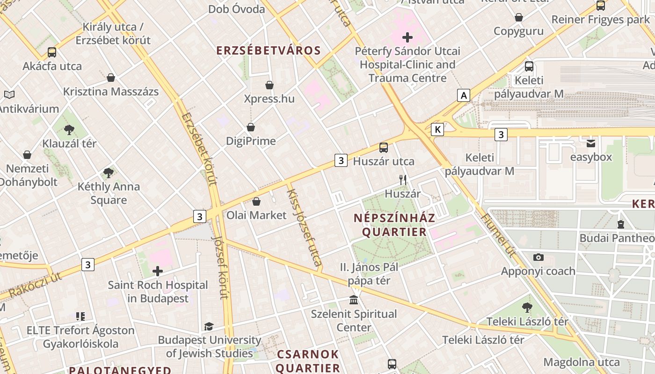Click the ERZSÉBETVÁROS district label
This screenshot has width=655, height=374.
pyautogui.click(x=269, y=50)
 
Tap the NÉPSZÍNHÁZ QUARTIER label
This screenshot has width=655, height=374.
pyautogui.click(x=394, y=225)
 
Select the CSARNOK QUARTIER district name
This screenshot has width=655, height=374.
pyautogui.click(x=307, y=360)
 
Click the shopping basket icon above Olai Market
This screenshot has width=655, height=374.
pyautogui.click(x=256, y=201)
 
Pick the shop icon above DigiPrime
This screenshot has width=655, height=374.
pyautogui.click(x=251, y=127)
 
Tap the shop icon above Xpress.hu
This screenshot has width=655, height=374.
pyautogui.click(x=269, y=85)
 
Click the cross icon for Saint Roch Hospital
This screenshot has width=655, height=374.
pyautogui.click(x=158, y=271)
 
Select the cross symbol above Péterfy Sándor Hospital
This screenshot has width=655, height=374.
pyautogui.click(x=407, y=37)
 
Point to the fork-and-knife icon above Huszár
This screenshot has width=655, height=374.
pyautogui.click(x=402, y=180)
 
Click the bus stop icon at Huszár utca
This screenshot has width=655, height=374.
pyautogui.click(x=384, y=148)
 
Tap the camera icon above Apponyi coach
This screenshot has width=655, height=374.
pyautogui.click(x=538, y=257)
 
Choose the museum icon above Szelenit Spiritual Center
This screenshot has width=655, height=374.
pyautogui.click(x=354, y=300)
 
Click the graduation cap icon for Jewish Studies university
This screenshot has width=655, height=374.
pyautogui.click(x=209, y=326)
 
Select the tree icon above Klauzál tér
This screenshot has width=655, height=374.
pyautogui.click(x=69, y=129)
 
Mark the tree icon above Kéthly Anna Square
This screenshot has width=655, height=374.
pyautogui.click(x=109, y=173)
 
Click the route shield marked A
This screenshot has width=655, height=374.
pyautogui.click(x=463, y=96)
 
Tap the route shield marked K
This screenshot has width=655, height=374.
pyautogui.click(x=437, y=129)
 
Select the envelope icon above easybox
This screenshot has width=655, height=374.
pyautogui.click(x=591, y=143)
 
